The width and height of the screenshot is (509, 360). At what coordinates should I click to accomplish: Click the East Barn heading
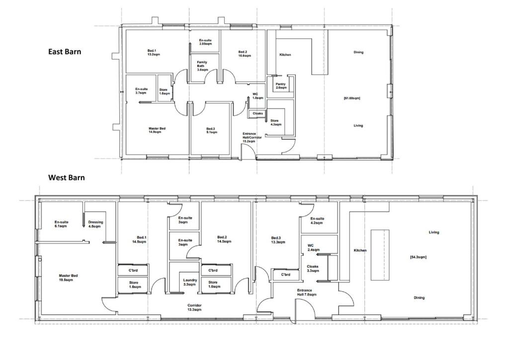(65, 51)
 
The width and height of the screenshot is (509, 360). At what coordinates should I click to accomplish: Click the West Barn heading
(66, 177)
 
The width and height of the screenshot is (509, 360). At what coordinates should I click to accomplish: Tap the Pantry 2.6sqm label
(281, 86)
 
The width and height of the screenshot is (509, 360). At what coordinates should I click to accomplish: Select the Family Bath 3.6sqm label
(201, 66)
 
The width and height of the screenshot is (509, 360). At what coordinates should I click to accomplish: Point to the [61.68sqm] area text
(352, 98)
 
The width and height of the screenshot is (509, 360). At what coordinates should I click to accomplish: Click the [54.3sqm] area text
(418, 257)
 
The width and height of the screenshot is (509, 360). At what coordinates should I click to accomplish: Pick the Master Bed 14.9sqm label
(157, 130)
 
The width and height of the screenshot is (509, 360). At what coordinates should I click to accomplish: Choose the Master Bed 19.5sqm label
(68, 277)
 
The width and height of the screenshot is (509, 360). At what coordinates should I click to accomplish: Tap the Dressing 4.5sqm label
(95, 224)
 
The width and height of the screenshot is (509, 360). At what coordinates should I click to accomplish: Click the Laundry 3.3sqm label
(190, 282)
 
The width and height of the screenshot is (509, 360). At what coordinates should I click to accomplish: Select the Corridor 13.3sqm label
(194, 307)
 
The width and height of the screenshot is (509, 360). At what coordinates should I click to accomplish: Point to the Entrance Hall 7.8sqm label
(306, 292)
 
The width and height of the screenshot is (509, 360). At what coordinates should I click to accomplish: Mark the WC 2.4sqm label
(314, 248)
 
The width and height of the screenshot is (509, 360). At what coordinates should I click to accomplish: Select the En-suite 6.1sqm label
(61, 224)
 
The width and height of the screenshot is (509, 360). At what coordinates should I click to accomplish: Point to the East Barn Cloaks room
(258, 113)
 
